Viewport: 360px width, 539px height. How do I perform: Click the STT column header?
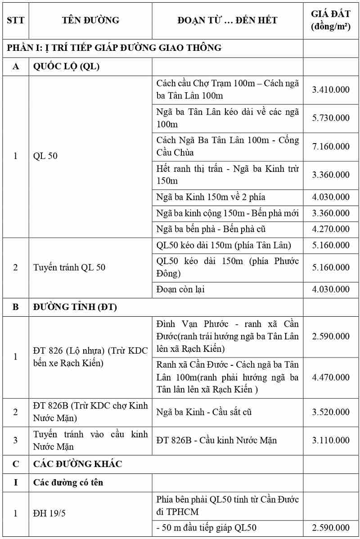pyautogui.click(x=16, y=20)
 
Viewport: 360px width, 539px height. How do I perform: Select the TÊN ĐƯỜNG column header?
pyautogui.click(x=90, y=20)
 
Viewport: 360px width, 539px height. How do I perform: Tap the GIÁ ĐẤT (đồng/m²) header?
pyautogui.click(x=331, y=20)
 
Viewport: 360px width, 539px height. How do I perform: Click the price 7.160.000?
pyautogui.click(x=331, y=147)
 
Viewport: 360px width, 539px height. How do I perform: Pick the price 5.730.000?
pyautogui.click(x=331, y=118)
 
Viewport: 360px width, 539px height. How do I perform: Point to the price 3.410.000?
pyautogui.click(x=331, y=89)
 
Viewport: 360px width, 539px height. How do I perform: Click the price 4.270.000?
pyautogui.click(x=331, y=229)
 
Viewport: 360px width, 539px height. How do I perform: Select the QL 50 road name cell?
pyautogui.click(x=45, y=157)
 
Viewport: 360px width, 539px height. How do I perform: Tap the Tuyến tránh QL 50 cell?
pyautogui.click(x=69, y=267)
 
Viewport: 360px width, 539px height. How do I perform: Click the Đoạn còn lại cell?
pyautogui.click(x=180, y=289)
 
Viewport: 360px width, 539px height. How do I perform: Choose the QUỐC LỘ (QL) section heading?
pyautogui.click(x=67, y=67)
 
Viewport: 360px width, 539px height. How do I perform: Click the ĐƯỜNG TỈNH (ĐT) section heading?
pyautogui.click(x=75, y=307)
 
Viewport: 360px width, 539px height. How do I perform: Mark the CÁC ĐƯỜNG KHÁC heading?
pyautogui.click(x=78, y=463)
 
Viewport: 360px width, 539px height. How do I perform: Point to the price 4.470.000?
pyautogui.click(x=331, y=377)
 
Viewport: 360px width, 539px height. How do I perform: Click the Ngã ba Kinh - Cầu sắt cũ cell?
pyautogui.click(x=203, y=412)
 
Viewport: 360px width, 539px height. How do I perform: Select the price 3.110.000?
pyautogui.click(x=331, y=440)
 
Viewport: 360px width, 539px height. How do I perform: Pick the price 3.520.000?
pyautogui.click(x=331, y=412)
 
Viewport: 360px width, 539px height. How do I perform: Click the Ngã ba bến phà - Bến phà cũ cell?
pyautogui.click(x=211, y=229)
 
